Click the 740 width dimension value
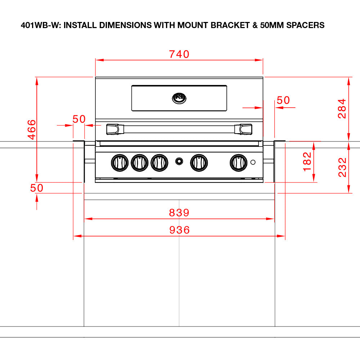[179, 54]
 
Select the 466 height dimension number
[32, 130]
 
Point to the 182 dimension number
[307, 162]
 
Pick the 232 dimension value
[342, 167]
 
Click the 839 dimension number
[179, 213]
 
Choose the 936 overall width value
[179, 230]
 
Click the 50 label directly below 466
[36, 188]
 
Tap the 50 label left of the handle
[79, 119]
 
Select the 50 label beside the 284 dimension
[283, 100]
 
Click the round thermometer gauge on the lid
[179, 98]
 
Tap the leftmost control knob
[120, 163]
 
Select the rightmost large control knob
[238, 163]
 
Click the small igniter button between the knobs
[179, 162]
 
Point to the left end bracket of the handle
[113, 129]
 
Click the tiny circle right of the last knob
[253, 162]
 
